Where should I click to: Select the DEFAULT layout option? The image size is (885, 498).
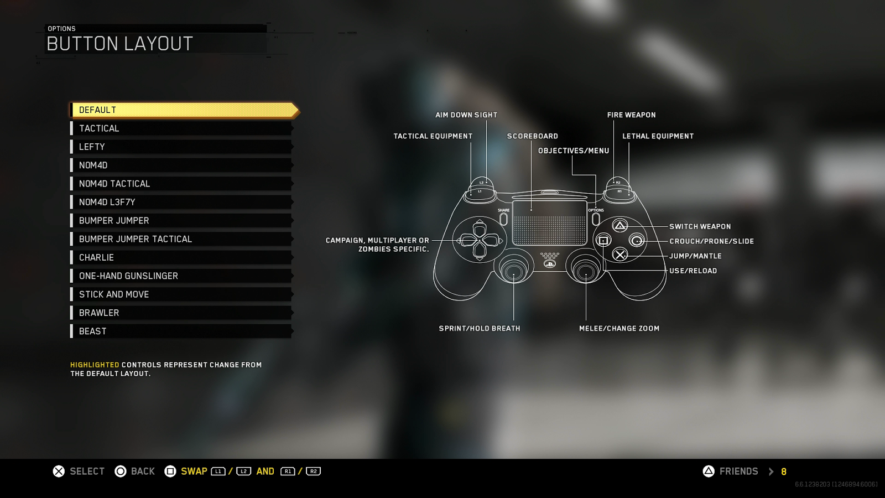coord(183,110)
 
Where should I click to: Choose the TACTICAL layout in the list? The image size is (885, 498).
coord(181,128)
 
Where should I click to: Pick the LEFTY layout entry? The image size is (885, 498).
coord(181,147)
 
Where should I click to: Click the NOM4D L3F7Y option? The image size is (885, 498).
coord(181,202)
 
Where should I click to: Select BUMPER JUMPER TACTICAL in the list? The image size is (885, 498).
coord(181,239)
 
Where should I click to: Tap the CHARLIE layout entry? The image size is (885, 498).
coord(181,257)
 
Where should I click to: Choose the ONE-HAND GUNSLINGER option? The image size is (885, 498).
coord(181,276)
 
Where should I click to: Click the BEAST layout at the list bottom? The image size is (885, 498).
coord(181,331)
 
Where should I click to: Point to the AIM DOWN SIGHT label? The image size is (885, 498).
coord(466,115)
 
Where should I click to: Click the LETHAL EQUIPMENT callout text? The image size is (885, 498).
coord(658,136)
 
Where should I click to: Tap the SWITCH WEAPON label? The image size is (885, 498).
coord(700,226)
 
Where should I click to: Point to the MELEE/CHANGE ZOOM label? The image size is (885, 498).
coord(619,329)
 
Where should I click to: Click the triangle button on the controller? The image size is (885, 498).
coord(620,226)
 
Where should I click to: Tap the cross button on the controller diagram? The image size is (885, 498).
coord(620,255)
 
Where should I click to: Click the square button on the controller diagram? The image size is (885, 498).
coord(603,240)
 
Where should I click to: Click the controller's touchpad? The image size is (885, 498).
coord(549,222)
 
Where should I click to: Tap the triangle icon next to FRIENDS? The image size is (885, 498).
coord(709,471)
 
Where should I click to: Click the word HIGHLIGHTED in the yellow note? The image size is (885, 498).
coord(95,365)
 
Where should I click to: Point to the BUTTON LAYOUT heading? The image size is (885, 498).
coord(119,44)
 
